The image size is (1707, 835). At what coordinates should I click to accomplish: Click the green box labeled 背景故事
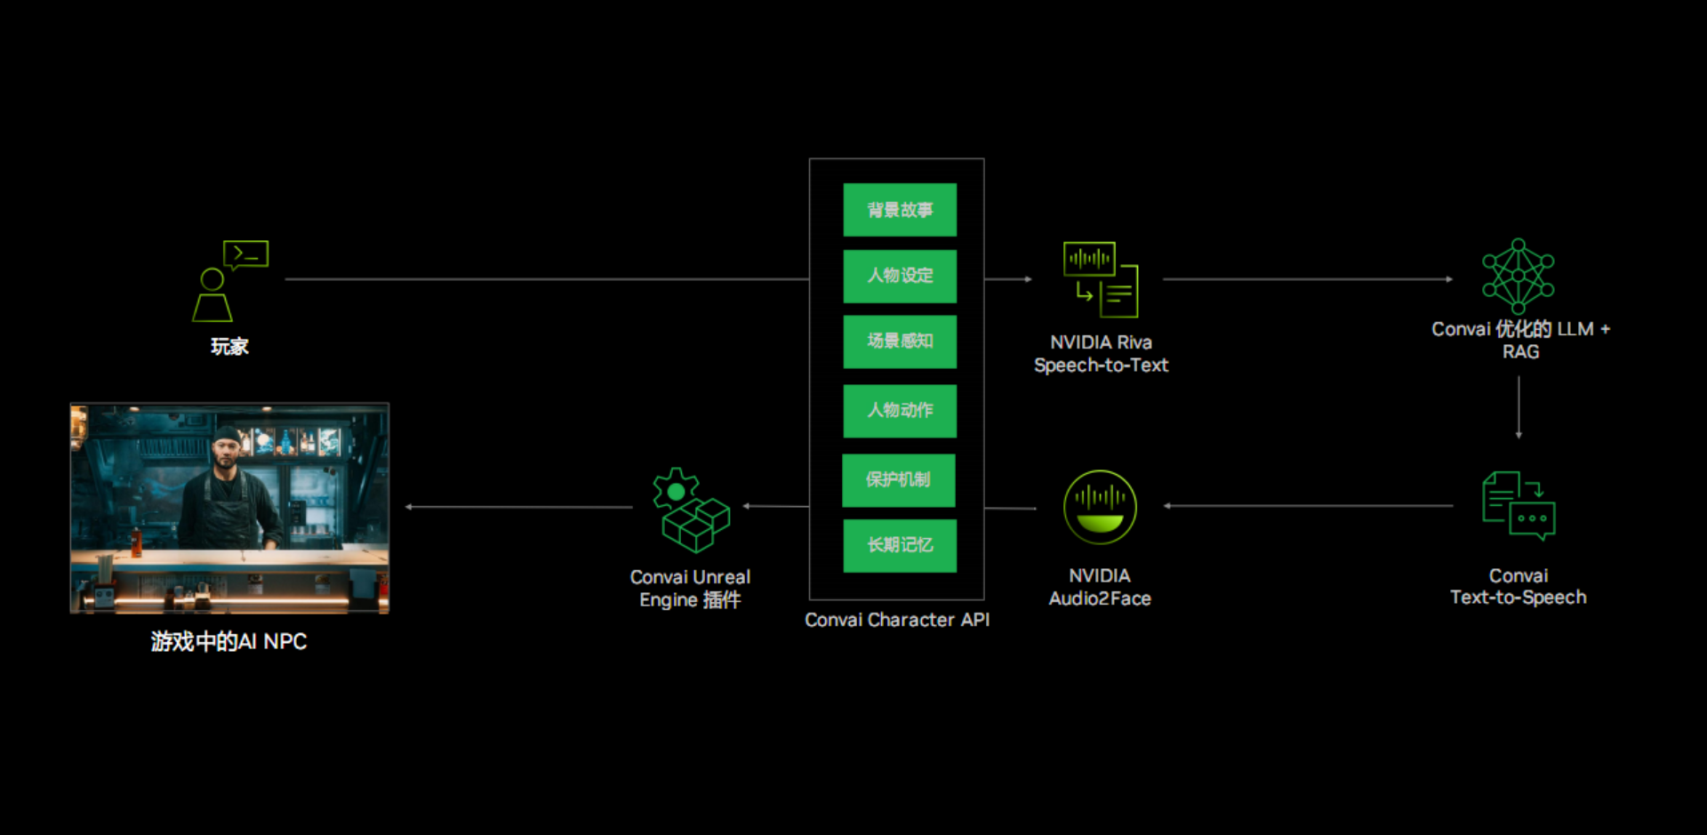pyautogui.click(x=900, y=210)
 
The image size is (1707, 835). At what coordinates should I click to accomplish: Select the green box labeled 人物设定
pyautogui.click(x=900, y=276)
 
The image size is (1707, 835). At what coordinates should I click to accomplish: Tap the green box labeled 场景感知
pyautogui.click(x=900, y=341)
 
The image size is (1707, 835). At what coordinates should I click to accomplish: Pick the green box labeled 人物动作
pyautogui.click(x=900, y=411)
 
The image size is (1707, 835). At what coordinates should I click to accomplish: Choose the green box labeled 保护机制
pyautogui.click(x=899, y=480)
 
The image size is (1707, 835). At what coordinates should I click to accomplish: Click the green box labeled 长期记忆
pyautogui.click(x=900, y=545)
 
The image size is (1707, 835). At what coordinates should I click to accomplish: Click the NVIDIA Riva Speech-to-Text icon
pyautogui.click(x=1101, y=279)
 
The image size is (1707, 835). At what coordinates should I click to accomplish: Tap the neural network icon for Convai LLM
pyautogui.click(x=1519, y=276)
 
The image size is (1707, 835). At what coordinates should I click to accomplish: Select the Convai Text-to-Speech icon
pyautogui.click(x=1519, y=505)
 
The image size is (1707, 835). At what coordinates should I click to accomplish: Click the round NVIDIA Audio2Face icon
pyautogui.click(x=1100, y=507)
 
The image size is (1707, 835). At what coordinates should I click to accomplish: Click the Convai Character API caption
pyautogui.click(x=897, y=620)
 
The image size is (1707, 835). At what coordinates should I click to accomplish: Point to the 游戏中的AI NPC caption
pyautogui.click(x=228, y=641)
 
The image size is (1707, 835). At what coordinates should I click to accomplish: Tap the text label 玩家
pyautogui.click(x=229, y=347)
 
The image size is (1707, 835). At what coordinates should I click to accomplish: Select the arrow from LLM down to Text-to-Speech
pyautogui.click(x=1519, y=407)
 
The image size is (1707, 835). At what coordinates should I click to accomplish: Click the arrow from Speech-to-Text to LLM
pyautogui.click(x=1307, y=279)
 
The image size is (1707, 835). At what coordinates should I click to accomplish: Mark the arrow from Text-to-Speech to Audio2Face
pyautogui.click(x=1307, y=506)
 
